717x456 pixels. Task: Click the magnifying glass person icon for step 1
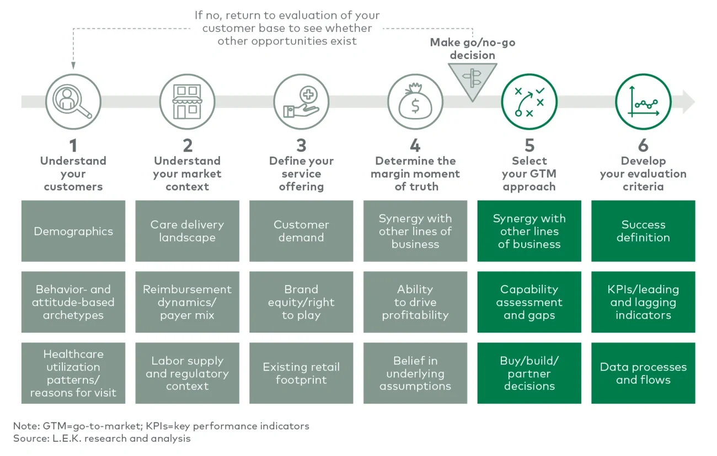point(73,102)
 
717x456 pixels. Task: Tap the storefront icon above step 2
point(187,102)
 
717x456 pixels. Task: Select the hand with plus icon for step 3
point(301,102)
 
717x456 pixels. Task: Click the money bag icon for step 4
point(415,102)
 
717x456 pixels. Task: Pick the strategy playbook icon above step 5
point(529,102)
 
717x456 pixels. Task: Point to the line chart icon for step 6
point(643,102)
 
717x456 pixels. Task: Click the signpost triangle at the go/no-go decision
point(472,80)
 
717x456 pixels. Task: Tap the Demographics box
point(73,231)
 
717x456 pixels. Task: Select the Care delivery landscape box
point(187,231)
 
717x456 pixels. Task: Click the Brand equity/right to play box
point(301,302)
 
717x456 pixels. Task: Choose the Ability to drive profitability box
point(415,302)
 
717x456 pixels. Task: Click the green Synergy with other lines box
point(529,231)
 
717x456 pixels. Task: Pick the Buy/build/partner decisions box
point(529,373)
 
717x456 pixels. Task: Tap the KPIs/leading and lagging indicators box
point(643,302)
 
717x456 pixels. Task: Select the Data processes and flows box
point(643,373)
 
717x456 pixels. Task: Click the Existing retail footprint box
point(301,373)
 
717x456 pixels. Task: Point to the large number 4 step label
point(415,146)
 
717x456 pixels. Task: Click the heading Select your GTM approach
point(529,174)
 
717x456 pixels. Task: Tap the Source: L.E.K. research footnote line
point(102,438)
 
